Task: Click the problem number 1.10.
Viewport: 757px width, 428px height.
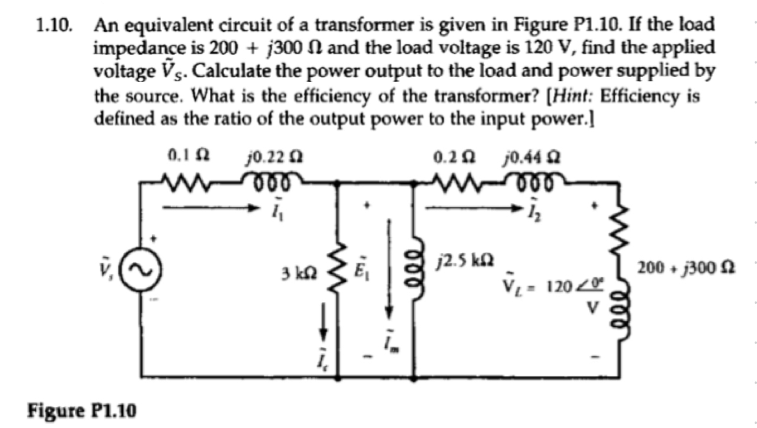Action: (55, 25)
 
